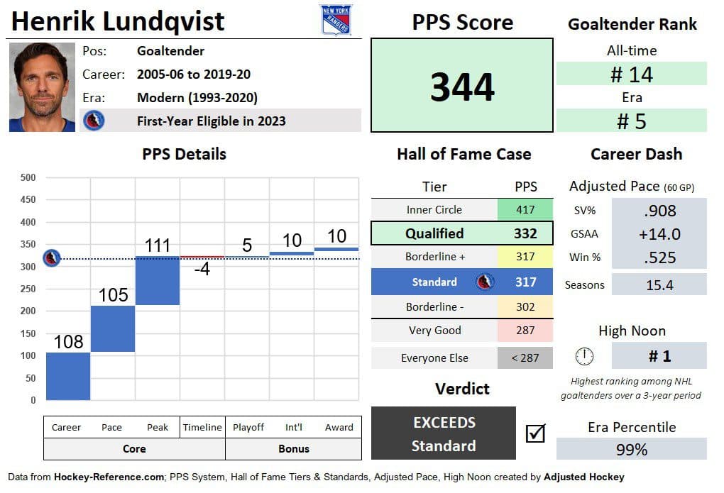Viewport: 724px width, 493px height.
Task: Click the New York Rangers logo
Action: pos(336,20)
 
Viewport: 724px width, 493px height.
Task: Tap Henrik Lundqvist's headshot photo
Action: pos(42,87)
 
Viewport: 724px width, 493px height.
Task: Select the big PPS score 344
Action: pos(462,87)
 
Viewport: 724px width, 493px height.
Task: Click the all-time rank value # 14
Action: pos(632,74)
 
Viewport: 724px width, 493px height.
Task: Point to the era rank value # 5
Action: pos(632,121)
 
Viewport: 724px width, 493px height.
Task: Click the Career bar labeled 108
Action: pos(68,376)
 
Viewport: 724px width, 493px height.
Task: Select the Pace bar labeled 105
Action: pos(113,328)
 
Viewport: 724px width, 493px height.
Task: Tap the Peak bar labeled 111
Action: pos(158,281)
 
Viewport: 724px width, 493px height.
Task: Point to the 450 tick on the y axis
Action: pos(28,199)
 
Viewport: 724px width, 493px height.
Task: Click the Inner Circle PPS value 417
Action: pos(525,209)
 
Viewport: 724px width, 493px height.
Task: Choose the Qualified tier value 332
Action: pos(525,233)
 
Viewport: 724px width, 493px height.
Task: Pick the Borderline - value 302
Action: pos(525,307)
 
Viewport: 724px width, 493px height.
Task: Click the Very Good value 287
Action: pos(525,331)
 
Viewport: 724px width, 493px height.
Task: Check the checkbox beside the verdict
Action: pos(536,433)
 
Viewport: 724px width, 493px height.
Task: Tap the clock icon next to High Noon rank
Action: pos(585,356)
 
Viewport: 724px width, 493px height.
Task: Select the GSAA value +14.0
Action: pos(659,234)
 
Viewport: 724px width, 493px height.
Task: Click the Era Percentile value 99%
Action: pos(632,450)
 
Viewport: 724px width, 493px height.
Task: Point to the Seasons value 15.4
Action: pos(659,285)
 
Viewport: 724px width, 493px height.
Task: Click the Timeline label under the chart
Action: pos(202,428)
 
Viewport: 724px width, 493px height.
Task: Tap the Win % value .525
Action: pos(659,257)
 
